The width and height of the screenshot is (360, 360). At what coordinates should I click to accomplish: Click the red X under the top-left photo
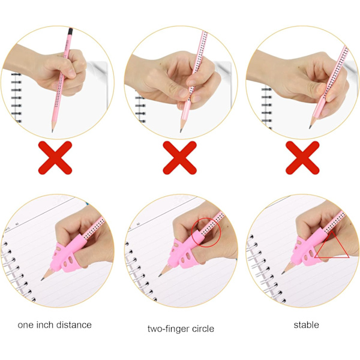55,158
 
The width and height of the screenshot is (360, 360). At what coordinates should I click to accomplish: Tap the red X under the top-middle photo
179,158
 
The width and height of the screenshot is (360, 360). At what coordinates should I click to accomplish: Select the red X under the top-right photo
302,158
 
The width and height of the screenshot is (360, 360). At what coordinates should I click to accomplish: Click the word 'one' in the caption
25,325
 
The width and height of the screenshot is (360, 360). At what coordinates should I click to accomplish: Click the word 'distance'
74,325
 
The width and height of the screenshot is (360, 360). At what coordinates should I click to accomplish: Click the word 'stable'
306,325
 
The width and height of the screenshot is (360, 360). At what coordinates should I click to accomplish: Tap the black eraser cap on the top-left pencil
70,31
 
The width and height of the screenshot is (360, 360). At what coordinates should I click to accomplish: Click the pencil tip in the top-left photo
53,131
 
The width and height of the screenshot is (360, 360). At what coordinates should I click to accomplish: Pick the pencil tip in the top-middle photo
181,131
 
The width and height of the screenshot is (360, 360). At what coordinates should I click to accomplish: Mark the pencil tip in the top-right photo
310,127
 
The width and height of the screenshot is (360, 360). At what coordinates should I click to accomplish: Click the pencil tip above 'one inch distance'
42,280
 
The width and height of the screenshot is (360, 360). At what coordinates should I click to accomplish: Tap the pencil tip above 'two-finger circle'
160,275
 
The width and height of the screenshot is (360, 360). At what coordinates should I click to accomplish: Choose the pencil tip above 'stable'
283,273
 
